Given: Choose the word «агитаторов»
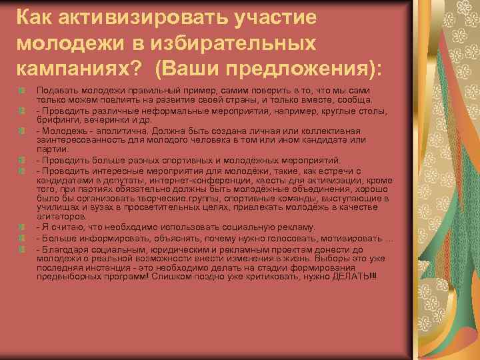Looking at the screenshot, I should click(x=61, y=217).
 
